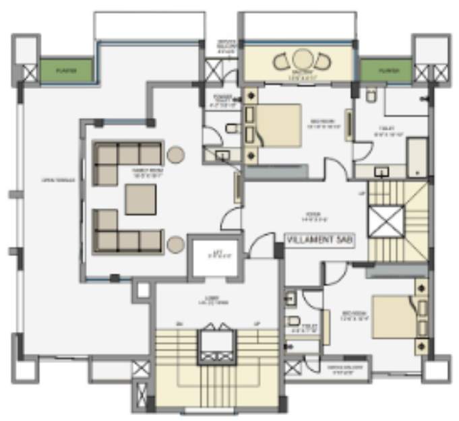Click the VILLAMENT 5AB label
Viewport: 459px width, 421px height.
point(317,239)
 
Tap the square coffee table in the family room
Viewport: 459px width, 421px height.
point(141,199)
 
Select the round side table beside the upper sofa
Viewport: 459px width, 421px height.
point(176,154)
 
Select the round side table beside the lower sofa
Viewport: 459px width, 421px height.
point(176,243)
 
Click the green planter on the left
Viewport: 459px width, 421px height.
point(65,69)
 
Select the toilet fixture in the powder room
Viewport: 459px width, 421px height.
point(231,129)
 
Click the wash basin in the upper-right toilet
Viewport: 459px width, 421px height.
point(381,171)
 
